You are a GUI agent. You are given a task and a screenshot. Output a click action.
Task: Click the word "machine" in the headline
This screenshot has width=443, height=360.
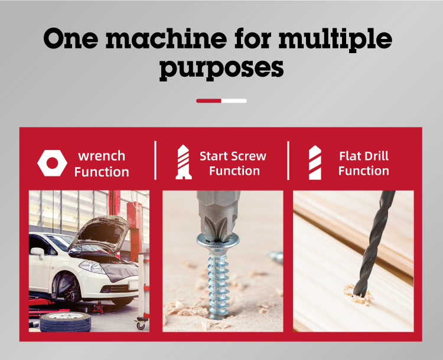click(167, 38)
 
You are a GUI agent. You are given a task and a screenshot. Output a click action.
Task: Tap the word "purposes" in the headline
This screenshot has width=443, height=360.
click(221, 68)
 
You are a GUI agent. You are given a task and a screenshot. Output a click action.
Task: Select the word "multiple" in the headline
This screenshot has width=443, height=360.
click(335, 40)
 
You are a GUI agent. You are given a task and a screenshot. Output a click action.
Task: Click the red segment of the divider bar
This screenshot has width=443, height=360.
click(209, 101)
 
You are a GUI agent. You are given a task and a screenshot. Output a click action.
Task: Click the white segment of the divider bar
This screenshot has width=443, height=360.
click(234, 101)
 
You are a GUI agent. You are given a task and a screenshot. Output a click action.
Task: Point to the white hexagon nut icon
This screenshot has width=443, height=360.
click(52, 163)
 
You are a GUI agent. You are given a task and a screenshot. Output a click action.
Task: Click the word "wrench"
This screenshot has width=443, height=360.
click(102, 156)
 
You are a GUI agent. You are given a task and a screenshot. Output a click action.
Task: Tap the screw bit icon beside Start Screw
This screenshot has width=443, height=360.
click(184, 162)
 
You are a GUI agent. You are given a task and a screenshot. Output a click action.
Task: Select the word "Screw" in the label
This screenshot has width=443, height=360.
click(249, 156)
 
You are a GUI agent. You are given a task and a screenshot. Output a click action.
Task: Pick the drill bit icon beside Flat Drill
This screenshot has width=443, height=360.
click(315, 162)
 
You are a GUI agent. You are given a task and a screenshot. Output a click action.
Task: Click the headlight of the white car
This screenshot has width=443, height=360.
click(92, 267)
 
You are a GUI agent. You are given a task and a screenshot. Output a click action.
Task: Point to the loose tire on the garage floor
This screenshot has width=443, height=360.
click(66, 322)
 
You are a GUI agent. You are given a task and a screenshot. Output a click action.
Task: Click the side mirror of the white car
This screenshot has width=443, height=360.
click(38, 252)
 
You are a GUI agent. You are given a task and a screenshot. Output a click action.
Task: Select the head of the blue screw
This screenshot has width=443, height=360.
click(218, 242)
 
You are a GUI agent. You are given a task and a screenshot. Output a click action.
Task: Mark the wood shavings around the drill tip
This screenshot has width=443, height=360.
click(359, 296)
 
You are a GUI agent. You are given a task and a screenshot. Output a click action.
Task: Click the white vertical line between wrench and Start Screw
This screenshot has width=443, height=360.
click(155, 160)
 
